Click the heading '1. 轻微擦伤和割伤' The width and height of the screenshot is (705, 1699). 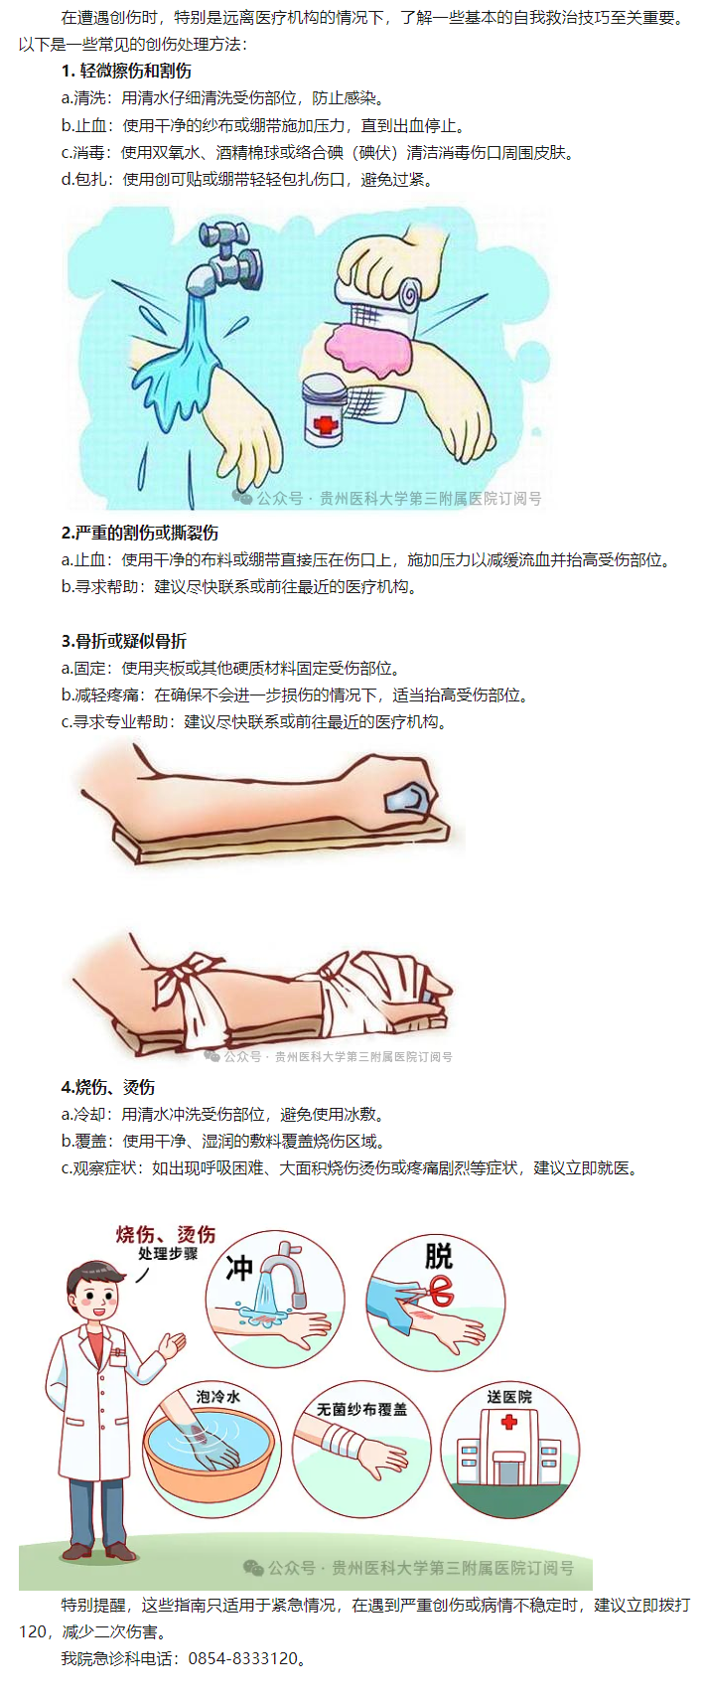coord(126,72)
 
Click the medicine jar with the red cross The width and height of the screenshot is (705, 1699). coord(326,410)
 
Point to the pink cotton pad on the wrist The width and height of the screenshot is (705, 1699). coord(367,346)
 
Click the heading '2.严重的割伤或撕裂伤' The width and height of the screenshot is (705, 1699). coord(140,534)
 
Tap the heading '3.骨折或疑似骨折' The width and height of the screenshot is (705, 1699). coord(124,641)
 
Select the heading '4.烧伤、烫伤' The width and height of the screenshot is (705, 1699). coord(108,1087)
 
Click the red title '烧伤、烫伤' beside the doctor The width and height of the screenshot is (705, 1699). coord(166,1233)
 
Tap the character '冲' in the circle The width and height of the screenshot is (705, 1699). coord(238,1268)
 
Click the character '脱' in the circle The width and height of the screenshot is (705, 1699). coord(439,1256)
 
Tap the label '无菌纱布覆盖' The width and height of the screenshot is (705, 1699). coord(361,1409)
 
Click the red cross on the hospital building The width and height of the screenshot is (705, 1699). coord(508,1421)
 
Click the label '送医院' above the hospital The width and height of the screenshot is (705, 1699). coord(509,1396)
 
